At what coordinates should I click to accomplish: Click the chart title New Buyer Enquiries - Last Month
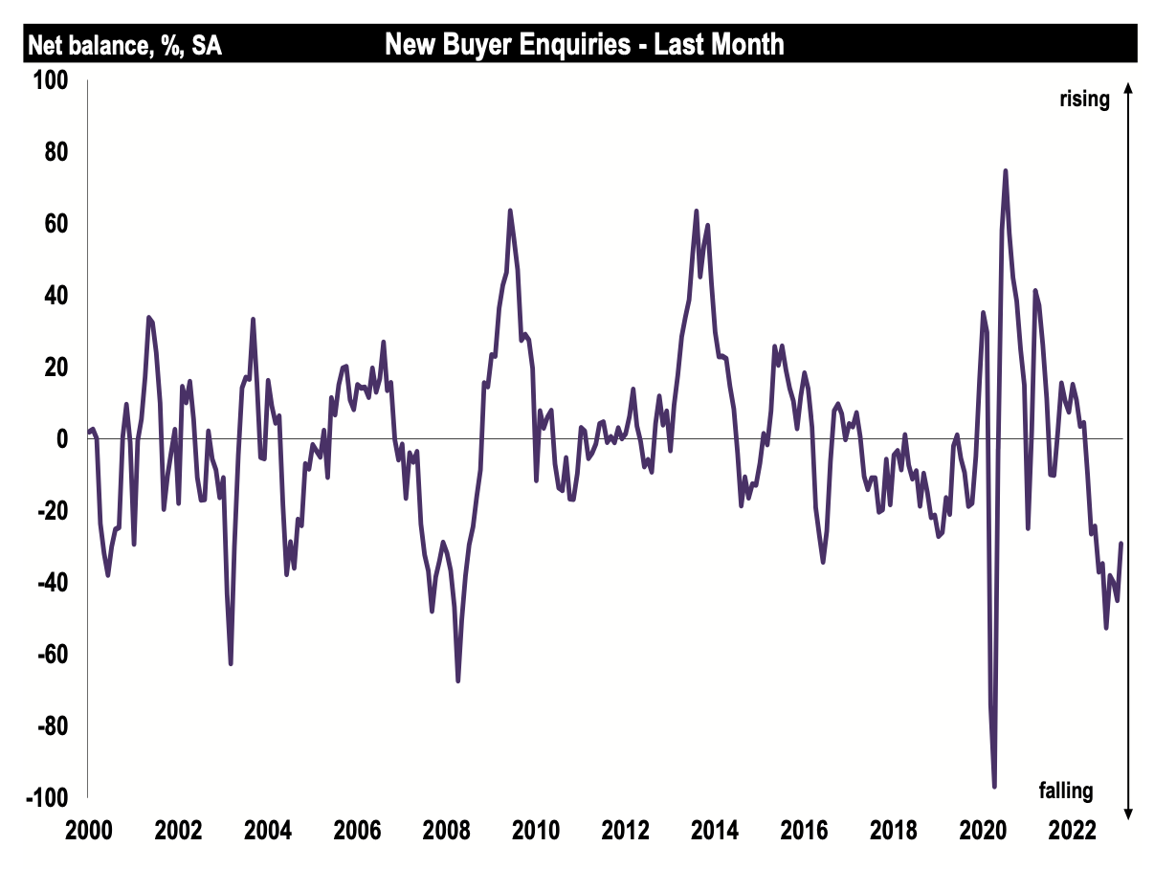point(584,44)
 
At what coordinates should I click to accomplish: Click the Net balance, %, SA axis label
point(124,44)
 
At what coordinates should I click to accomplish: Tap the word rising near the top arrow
point(1083,99)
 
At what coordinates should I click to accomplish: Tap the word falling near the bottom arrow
point(1065,791)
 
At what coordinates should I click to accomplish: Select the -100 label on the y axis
point(50,797)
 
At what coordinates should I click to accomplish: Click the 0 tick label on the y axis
point(63,439)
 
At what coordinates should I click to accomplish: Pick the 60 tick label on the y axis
point(57,224)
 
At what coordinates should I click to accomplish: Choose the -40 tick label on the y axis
point(54,583)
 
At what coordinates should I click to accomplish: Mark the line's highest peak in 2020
point(1006,171)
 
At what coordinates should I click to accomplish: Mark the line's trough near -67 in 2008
point(458,680)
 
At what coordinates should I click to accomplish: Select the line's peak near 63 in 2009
point(510,211)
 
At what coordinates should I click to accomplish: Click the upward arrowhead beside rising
point(1128,87)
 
